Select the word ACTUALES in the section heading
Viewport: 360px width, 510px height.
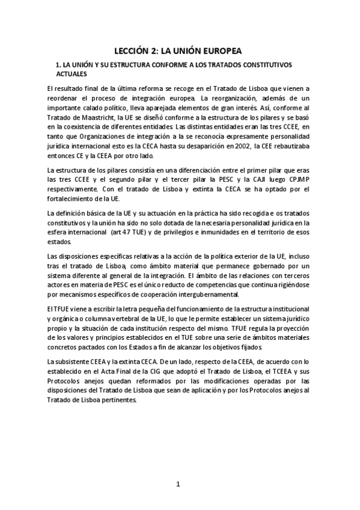[x=71, y=73]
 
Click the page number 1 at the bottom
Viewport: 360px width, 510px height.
[x=178, y=484]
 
